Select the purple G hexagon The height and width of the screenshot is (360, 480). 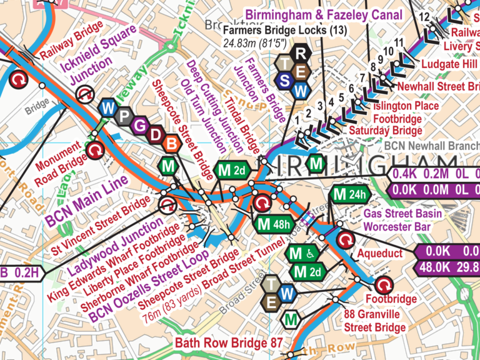[139, 126]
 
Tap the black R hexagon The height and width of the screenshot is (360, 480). [301, 52]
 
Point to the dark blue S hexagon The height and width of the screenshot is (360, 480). [285, 81]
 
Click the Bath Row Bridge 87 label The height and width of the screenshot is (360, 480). [229, 342]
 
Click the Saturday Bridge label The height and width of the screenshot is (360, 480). [377, 130]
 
